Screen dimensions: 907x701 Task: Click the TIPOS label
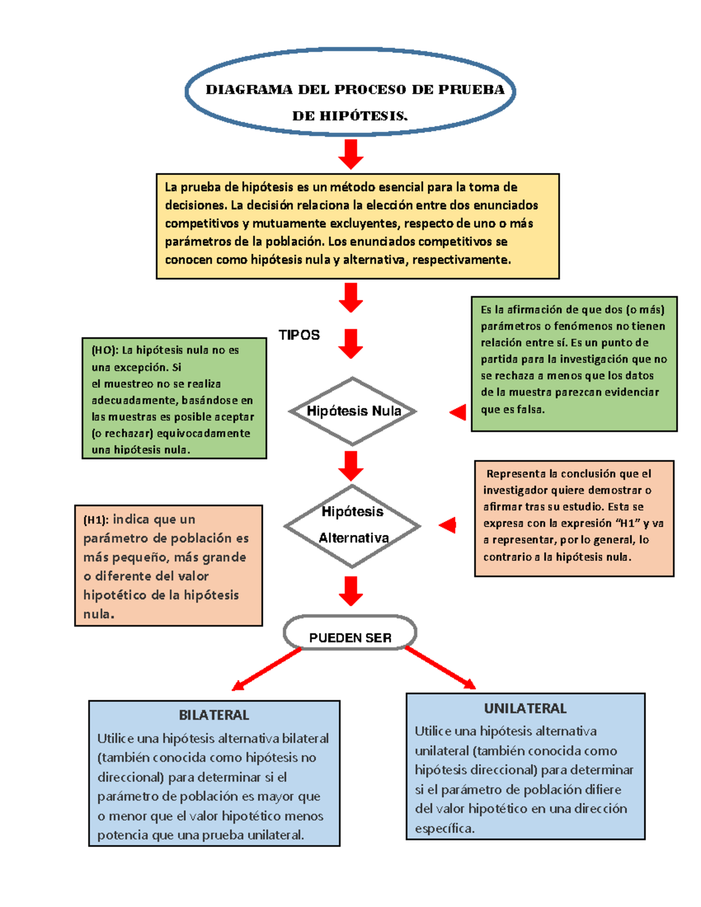pyautogui.click(x=299, y=335)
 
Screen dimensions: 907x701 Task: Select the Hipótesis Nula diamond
pyautogui.click(x=352, y=411)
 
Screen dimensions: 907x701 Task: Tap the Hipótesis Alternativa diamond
pyautogui.click(x=352, y=526)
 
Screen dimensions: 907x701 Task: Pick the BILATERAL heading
pyautogui.click(x=214, y=715)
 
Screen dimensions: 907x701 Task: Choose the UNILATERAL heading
pyautogui.click(x=525, y=708)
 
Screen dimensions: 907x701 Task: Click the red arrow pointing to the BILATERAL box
pyautogui.click(x=266, y=670)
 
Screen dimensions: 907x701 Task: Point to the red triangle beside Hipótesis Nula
pyautogui.click(x=459, y=412)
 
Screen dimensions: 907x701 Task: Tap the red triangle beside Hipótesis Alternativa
pyautogui.click(x=449, y=525)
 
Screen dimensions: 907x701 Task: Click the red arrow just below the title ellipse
pyautogui.click(x=350, y=154)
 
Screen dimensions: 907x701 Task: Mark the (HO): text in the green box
pyautogui.click(x=105, y=350)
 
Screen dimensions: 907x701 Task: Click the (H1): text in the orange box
pyautogui.click(x=96, y=520)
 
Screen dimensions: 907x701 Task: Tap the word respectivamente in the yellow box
pyautogui.click(x=461, y=260)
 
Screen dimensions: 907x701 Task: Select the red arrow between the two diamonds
pyautogui.click(x=350, y=465)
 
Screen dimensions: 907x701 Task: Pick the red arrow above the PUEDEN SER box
pyautogui.click(x=350, y=591)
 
